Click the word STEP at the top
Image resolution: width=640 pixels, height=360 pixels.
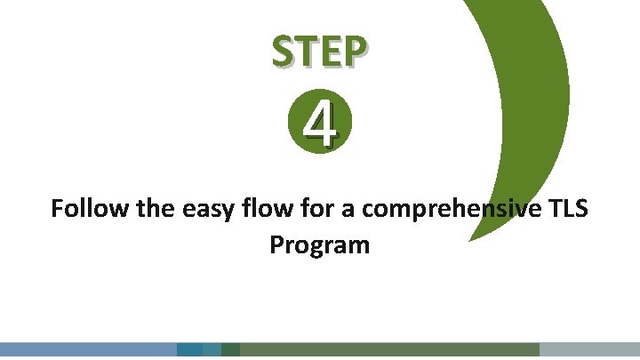tap(318, 53)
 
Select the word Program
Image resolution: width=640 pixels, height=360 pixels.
tap(319, 244)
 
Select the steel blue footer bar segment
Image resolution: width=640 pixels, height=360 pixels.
tap(88, 350)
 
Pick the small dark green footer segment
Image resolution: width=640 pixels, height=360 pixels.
tap(230, 350)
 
